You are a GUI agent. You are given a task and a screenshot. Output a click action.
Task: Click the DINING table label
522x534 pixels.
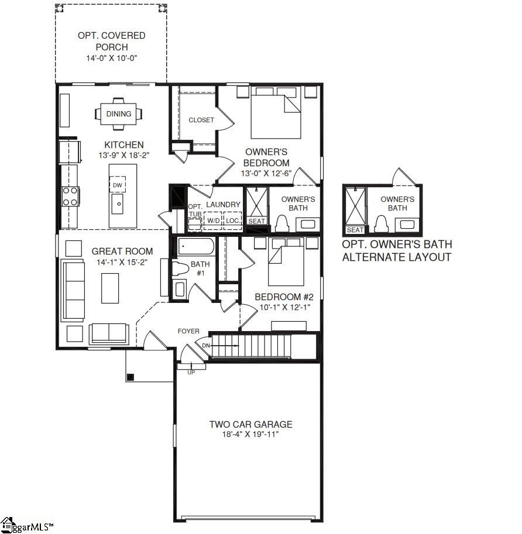pyautogui.click(x=119, y=114)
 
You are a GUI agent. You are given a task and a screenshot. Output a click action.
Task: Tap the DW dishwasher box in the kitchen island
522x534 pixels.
pyautogui.click(x=118, y=185)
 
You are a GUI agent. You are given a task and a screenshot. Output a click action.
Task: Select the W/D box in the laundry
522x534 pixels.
pyautogui.click(x=213, y=221)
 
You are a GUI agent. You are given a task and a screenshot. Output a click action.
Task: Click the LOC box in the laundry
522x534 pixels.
pyautogui.click(x=232, y=221)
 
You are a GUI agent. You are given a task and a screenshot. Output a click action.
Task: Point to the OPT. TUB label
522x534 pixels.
pyautogui.click(x=194, y=211)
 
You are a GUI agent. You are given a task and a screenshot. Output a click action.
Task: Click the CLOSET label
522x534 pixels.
pyautogui.click(x=201, y=120)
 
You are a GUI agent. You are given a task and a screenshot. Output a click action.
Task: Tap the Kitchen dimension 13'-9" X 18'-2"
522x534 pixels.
pyautogui.click(x=123, y=156)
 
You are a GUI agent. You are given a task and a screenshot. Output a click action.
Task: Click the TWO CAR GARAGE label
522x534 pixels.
pyautogui.click(x=250, y=425)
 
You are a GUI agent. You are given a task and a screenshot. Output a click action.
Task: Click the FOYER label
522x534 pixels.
pyautogui.click(x=188, y=332)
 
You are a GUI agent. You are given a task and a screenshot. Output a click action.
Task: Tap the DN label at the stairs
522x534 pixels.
pyautogui.click(x=206, y=346)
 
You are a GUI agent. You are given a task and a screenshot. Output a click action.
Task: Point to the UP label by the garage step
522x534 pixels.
pyautogui.click(x=191, y=373)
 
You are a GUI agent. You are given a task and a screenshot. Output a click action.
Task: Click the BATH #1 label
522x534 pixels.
pyautogui.click(x=200, y=268)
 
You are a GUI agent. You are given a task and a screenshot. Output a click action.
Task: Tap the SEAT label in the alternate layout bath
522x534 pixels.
pyautogui.click(x=355, y=230)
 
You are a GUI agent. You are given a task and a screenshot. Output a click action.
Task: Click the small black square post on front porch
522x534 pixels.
pyautogui.click(x=130, y=377)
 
